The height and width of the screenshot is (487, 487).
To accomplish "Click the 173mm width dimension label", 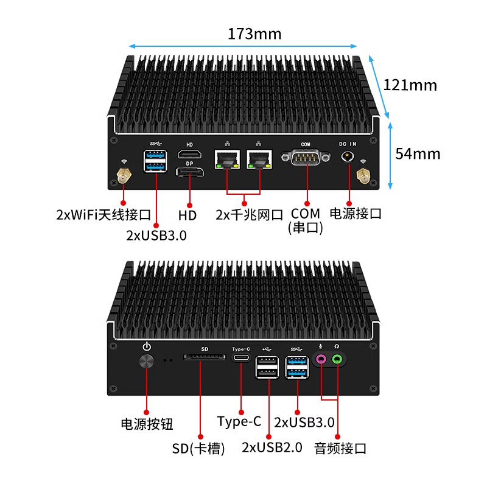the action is point(254,34).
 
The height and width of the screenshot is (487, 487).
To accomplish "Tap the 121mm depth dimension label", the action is point(410,85).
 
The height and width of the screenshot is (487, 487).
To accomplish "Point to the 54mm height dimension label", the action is point(418,154).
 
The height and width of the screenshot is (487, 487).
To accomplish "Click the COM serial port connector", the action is point(306,157).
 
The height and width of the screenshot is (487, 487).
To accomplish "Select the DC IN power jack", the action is point(348,156).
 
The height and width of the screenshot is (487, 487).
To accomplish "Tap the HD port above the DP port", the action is point(189,154).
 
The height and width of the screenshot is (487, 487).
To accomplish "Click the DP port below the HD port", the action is point(190,172).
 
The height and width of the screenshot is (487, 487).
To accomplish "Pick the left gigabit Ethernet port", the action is point(227,159).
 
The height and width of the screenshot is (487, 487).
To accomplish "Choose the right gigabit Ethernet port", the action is point(259,159).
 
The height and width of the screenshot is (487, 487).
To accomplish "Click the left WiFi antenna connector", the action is point(124,175).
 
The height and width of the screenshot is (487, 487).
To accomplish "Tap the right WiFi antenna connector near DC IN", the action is point(363,175).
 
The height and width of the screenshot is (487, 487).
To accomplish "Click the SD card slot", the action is point(205,357).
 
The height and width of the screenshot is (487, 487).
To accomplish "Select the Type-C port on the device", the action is point(241,357).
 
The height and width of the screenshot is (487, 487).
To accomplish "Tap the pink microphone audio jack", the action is point(321,360).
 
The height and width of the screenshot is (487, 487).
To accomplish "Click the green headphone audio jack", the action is point(337,360).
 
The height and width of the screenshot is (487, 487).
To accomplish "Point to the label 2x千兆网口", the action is point(250,215).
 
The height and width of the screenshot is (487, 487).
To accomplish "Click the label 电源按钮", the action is point(147,424).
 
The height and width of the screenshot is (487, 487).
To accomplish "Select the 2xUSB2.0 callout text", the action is point(272,447).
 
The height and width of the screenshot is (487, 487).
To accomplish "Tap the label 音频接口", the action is point(340,449).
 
